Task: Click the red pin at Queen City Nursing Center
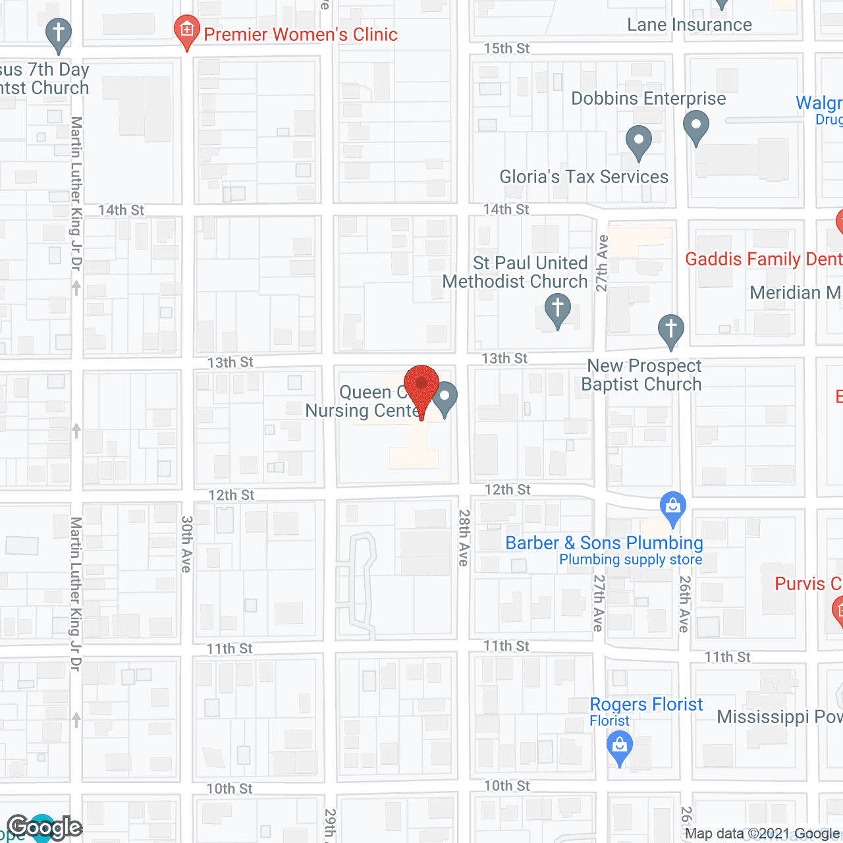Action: pos(421,385)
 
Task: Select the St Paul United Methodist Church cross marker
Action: pos(558,308)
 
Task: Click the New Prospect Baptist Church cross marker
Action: pos(671,329)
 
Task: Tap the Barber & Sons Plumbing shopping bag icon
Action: pos(672,508)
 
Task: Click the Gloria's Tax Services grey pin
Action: pos(638,141)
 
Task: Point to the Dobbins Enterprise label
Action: pos(648,99)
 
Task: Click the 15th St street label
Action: pos(506,49)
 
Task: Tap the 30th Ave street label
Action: pos(187,543)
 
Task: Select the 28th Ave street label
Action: pos(464,537)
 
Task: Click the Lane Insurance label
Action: pos(689,25)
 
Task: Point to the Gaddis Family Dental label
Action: pos(763,259)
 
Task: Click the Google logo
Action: pos(45,827)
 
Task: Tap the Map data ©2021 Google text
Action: pos(763,834)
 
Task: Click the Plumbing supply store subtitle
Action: pos(630,560)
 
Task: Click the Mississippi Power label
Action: pos(779,717)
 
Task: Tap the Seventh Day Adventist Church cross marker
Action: pos(59,35)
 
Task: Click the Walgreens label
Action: pos(819,103)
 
